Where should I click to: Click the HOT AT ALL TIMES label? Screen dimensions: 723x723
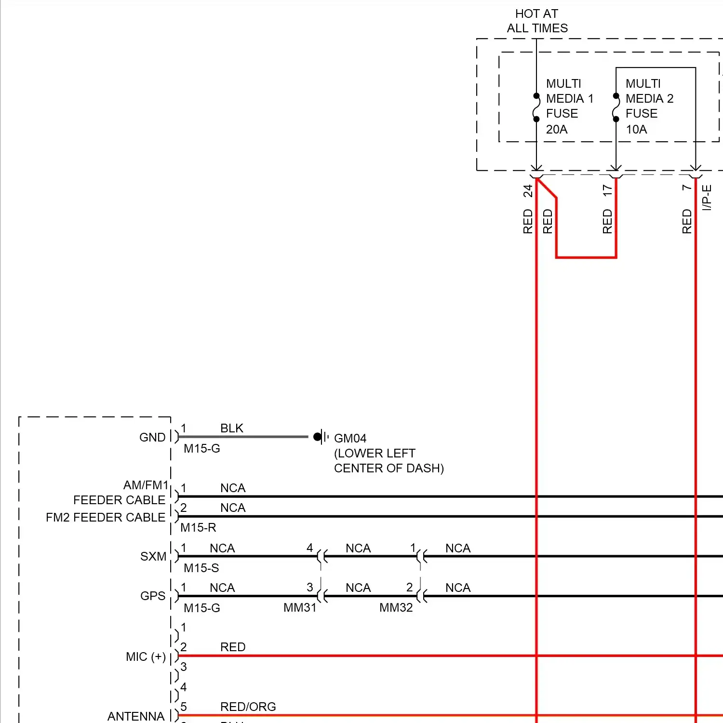coord(537,21)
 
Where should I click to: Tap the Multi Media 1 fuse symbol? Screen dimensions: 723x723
coord(536,107)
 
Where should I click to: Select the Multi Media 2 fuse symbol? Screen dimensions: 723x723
coord(616,107)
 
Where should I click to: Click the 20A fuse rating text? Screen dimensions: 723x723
coord(557,129)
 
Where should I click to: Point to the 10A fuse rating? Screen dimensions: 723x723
coord(636,129)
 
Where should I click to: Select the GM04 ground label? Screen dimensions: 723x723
coord(350,438)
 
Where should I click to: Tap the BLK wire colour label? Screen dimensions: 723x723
coord(232,428)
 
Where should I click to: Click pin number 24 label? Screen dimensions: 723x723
coord(528,191)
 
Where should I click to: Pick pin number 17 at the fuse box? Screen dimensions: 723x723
coord(607,190)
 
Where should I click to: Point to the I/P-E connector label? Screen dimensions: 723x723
coord(707,198)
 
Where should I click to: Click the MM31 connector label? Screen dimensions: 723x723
coord(300,607)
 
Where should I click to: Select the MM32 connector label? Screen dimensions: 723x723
coord(396,607)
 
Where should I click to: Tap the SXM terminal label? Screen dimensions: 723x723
coord(153,556)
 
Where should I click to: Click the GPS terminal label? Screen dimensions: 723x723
coord(153,596)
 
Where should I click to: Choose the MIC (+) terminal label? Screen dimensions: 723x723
coord(146,656)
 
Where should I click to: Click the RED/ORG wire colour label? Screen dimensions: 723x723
coord(248,707)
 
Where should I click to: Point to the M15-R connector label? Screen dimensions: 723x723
coord(198,527)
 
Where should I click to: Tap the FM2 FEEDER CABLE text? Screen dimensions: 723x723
coord(106,517)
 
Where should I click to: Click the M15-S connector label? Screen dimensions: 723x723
coord(201,568)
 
